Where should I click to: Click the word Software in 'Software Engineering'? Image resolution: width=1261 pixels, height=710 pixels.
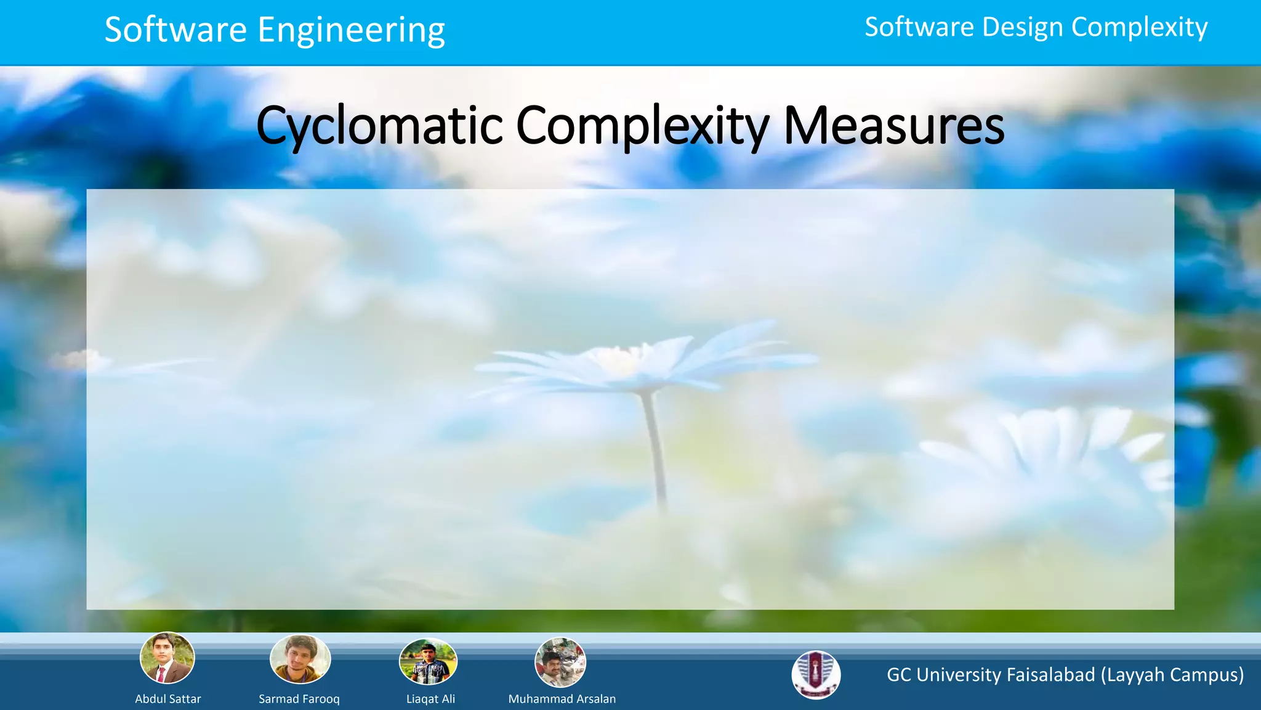tap(175, 30)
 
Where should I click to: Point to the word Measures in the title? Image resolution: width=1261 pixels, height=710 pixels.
tap(893, 126)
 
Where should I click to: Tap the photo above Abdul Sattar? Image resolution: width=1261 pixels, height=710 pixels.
tap(167, 658)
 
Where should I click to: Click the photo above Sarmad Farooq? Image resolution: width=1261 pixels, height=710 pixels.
tap(300, 659)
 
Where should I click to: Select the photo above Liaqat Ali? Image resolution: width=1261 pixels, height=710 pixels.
tap(429, 662)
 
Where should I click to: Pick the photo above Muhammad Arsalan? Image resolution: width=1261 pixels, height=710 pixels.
tap(560, 663)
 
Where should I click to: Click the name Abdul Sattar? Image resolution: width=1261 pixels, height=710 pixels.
tap(168, 699)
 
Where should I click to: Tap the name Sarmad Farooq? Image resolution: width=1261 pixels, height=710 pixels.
tap(299, 699)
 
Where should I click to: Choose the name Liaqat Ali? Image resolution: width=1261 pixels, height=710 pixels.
tap(430, 699)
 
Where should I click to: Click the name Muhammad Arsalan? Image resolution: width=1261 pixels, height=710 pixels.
tap(562, 699)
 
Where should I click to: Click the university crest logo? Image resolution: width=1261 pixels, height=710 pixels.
tap(816, 675)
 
